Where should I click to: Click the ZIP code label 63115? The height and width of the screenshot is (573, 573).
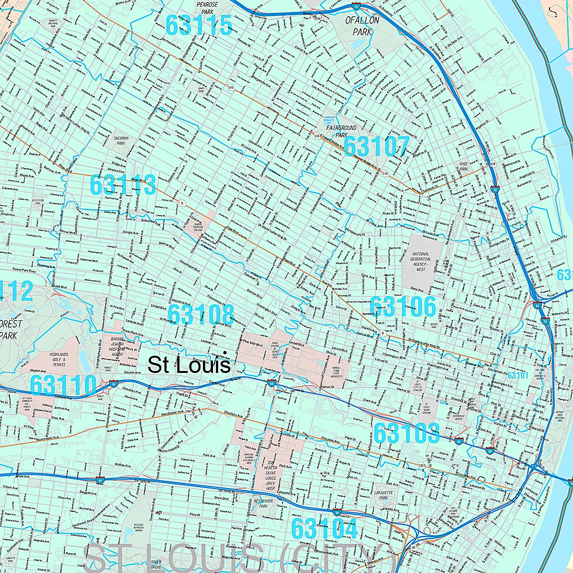tap(199, 26)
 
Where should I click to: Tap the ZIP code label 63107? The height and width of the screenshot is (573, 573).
tap(377, 146)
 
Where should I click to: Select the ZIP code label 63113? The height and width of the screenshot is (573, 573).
tap(123, 185)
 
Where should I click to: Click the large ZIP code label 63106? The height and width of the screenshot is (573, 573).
tap(403, 307)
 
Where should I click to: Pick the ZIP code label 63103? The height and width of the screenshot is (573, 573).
tap(406, 434)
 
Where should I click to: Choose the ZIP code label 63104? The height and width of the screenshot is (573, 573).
tap(324, 529)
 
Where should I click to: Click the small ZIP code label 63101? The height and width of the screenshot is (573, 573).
tap(518, 375)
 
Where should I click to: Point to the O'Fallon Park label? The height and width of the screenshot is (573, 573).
tap(362, 26)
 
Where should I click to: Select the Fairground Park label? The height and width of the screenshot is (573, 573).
tap(341, 132)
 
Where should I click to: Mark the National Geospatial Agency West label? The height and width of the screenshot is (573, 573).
tap(420, 262)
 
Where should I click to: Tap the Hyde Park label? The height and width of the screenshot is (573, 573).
tap(464, 166)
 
